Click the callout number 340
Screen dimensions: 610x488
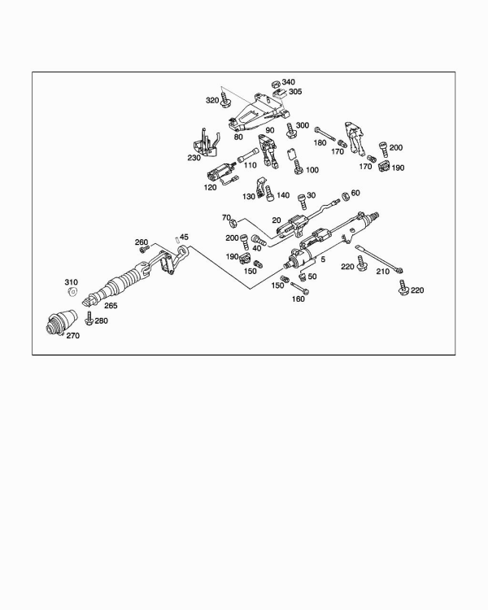click(x=289, y=82)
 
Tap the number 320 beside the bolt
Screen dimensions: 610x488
click(x=212, y=99)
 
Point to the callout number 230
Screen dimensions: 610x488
click(x=194, y=158)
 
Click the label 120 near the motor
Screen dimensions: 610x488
click(x=210, y=187)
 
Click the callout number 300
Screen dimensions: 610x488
click(x=302, y=125)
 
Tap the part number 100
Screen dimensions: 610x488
click(x=312, y=169)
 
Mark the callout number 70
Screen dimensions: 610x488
click(x=227, y=217)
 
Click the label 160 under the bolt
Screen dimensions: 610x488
click(x=298, y=298)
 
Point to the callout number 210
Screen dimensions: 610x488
click(x=381, y=272)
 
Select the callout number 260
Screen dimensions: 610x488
click(x=142, y=242)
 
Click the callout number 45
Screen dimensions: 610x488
click(x=184, y=237)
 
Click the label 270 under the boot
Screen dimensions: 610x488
click(x=72, y=335)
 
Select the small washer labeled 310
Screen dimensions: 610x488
click(x=72, y=291)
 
